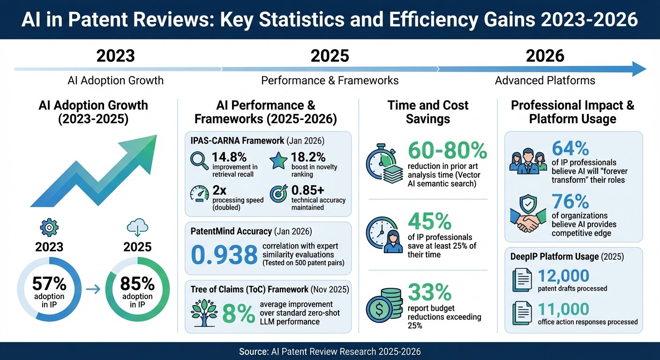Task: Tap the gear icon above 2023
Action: tap(49, 227)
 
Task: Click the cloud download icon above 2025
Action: tap(137, 228)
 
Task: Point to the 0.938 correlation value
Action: tap(225, 254)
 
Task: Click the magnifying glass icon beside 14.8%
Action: tap(199, 161)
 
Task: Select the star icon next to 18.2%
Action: tap(278, 161)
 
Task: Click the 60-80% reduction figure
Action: tap(448, 150)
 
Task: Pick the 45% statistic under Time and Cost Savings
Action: tap(430, 222)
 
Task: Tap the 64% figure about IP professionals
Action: tap(570, 148)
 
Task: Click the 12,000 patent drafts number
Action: tap(563, 276)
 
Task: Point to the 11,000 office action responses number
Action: tap(563, 309)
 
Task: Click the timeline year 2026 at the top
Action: tap(545, 56)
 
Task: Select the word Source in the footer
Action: tap(253, 351)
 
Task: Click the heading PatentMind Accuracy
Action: tap(232, 231)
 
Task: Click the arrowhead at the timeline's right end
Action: tap(638, 69)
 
